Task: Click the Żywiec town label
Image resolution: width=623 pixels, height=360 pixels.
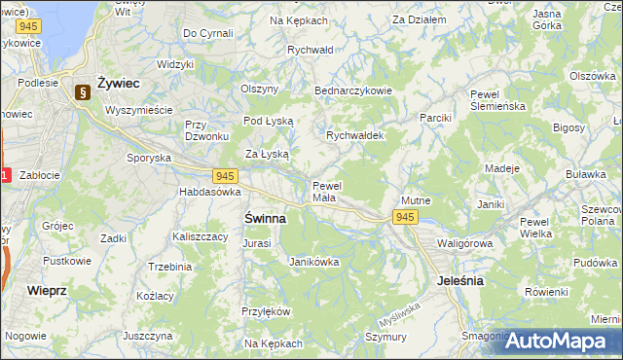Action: [118, 83]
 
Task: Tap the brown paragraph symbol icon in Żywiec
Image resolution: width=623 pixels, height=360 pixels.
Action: [82, 92]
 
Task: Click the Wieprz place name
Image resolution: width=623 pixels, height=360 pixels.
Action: [47, 290]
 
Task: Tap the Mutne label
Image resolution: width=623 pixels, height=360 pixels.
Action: [416, 200]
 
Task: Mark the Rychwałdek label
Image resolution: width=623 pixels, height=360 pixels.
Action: [355, 135]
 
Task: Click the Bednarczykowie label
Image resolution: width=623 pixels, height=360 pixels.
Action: [352, 90]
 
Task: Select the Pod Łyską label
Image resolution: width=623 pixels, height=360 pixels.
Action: [267, 121]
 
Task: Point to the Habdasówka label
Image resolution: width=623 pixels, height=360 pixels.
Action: [209, 193]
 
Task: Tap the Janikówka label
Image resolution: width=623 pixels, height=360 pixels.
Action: [314, 261]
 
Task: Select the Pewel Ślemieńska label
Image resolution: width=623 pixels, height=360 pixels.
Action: [497, 100]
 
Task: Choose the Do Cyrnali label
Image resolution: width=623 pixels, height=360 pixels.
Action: [207, 33]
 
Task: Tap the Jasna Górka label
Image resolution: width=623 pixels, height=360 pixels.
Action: [547, 19]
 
